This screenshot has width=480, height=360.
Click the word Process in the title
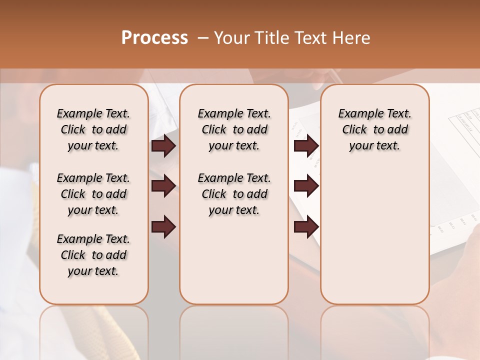tap(154, 37)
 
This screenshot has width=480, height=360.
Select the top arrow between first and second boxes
tap(163, 145)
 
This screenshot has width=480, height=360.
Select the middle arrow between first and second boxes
tap(163, 186)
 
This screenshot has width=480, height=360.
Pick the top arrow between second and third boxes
tap(306, 145)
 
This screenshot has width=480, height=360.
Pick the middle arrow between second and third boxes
tap(306, 186)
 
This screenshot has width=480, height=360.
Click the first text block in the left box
tap(93, 129)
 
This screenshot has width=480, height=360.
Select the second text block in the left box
tap(93, 194)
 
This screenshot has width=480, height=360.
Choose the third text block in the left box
tap(93, 255)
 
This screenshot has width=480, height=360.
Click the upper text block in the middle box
tap(234, 129)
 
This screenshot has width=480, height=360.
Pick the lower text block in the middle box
tap(234, 194)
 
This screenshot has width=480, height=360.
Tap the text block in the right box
tap(374, 129)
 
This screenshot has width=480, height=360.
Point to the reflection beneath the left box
tap(94, 330)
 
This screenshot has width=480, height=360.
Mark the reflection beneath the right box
tap(375, 330)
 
